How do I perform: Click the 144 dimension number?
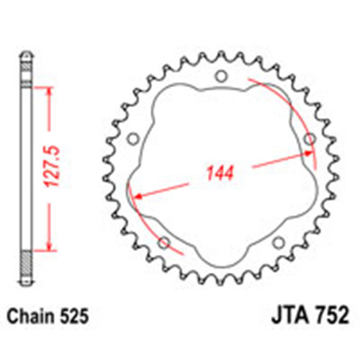point(220,173)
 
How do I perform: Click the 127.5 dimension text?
point(51,166)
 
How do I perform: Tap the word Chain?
point(30,316)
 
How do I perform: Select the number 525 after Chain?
point(74,316)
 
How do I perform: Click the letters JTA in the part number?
point(290,315)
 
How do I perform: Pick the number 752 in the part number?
point(332,315)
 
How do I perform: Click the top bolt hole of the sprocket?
point(221,76)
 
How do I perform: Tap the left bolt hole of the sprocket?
point(133,139)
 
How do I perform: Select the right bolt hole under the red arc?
point(310,139)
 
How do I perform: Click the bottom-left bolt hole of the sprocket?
point(164,243)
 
